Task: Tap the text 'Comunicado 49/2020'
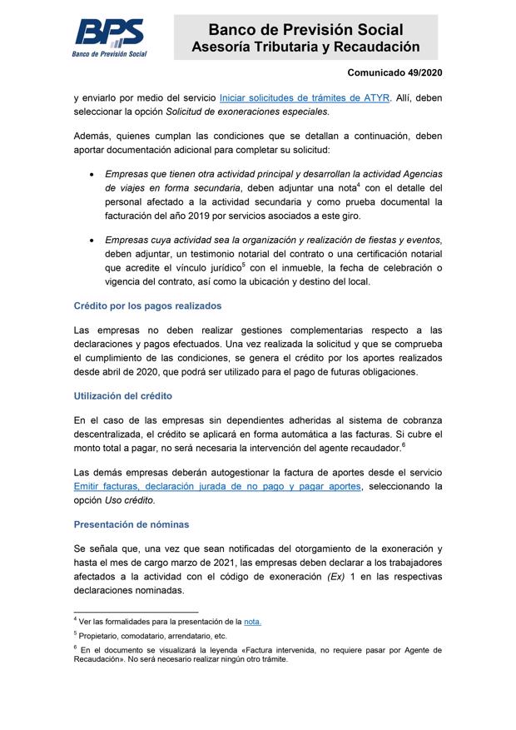(394, 73)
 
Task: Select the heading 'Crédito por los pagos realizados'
(147, 305)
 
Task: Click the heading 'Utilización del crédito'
(123, 395)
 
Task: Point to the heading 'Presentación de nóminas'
(131, 524)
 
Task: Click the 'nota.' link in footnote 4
(252, 622)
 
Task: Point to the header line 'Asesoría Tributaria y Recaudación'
(305, 47)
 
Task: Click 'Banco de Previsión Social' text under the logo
(108, 53)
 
